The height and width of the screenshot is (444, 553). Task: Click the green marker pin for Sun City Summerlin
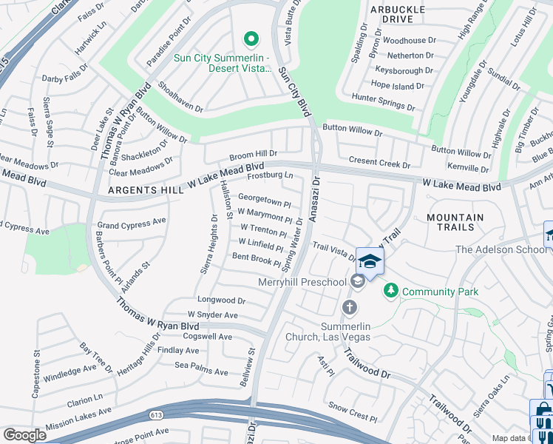[251, 38]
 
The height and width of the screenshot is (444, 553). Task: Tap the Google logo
[24, 435]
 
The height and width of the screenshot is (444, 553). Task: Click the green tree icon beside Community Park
[391, 292]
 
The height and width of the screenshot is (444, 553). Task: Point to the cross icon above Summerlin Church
[350, 306]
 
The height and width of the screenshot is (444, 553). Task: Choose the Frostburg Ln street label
[270, 176]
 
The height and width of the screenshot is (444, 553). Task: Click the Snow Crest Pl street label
[352, 406]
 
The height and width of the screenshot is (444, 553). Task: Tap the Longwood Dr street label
[221, 300]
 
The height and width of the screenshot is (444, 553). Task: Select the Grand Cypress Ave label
[132, 223]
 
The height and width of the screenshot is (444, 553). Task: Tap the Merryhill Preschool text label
[302, 282]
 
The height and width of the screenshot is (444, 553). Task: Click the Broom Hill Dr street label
[253, 155]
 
